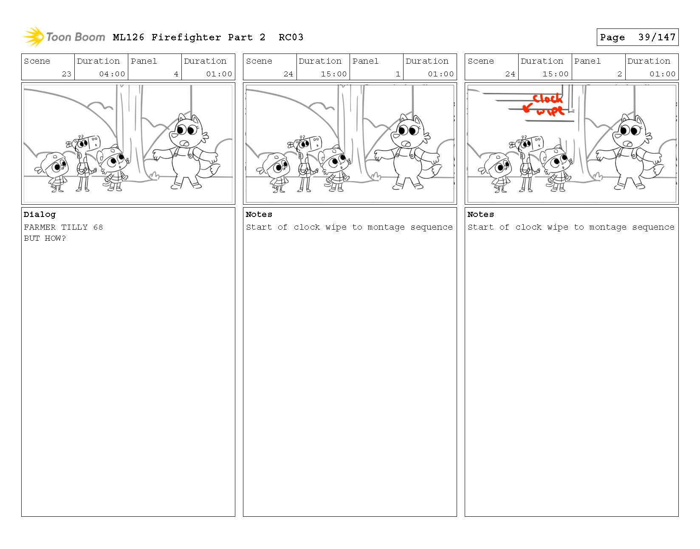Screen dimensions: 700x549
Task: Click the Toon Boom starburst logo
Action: (x=34, y=37)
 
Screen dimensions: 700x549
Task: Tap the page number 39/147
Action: (x=657, y=37)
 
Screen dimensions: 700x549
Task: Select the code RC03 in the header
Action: (x=291, y=37)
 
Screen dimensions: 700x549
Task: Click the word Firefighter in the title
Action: (x=186, y=37)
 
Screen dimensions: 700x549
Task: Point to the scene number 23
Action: (x=67, y=74)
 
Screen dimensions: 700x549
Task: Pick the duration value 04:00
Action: (x=112, y=74)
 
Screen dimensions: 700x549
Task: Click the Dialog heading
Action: (x=40, y=214)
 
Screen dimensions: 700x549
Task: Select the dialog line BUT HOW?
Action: (x=45, y=238)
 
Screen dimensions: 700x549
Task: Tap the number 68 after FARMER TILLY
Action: (x=98, y=227)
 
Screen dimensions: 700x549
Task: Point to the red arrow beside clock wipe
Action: (x=527, y=108)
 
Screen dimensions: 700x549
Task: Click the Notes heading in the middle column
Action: (x=259, y=214)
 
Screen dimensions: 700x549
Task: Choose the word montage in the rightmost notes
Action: (x=607, y=227)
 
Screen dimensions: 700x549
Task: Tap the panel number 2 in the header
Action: (x=619, y=74)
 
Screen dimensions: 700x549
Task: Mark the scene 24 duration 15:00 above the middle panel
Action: (x=334, y=74)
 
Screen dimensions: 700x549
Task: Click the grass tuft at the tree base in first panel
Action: (x=154, y=176)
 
